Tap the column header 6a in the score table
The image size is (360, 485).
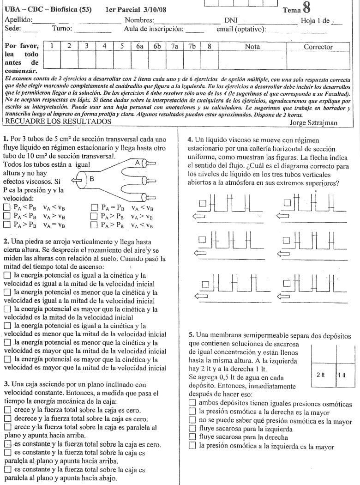pyautogui.click(x=138, y=47)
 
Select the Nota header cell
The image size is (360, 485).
pyautogui.click(x=252, y=47)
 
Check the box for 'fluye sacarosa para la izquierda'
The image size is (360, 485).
pyautogui.click(x=192, y=429)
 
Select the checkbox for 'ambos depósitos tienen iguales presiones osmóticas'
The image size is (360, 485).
pyautogui.click(x=192, y=403)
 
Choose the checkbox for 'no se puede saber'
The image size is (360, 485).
pyautogui.click(x=192, y=420)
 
